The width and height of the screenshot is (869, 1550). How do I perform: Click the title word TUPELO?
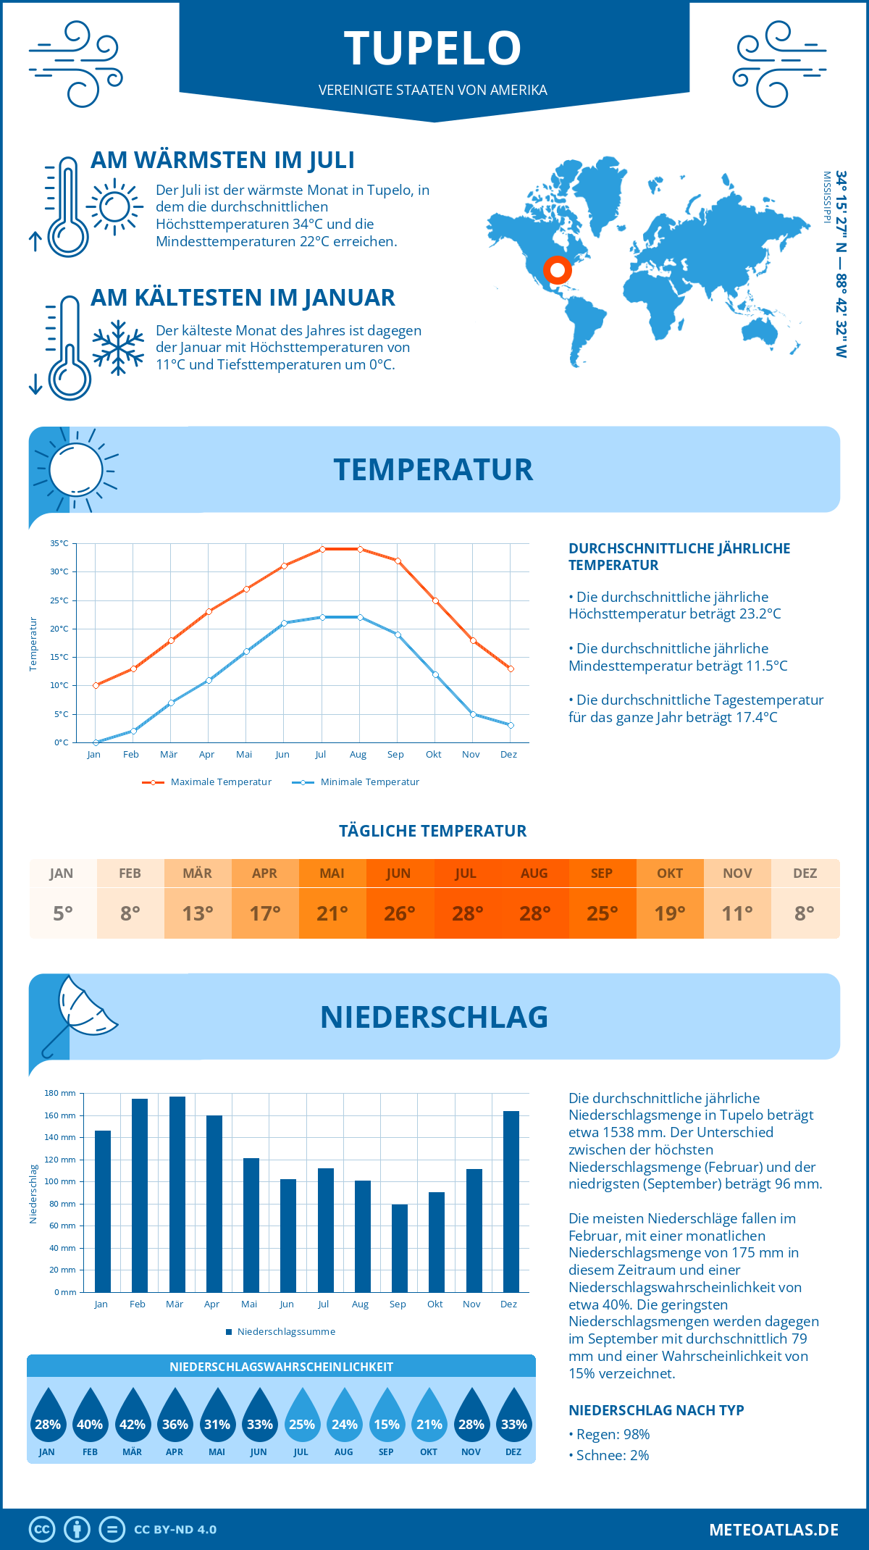click(x=433, y=49)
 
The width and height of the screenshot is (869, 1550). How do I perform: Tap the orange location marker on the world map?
click(x=557, y=270)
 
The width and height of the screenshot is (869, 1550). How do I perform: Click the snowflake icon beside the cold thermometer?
click(x=118, y=348)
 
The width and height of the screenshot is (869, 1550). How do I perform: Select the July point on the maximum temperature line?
click(x=322, y=549)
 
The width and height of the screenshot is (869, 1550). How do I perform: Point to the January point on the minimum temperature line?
click(x=96, y=742)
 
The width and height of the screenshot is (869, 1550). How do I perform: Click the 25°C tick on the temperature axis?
click(x=59, y=600)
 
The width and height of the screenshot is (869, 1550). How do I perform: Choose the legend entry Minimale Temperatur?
click(x=369, y=782)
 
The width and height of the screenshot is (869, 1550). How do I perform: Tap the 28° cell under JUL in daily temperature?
click(x=467, y=913)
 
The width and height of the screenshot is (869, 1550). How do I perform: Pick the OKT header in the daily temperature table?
click(x=669, y=874)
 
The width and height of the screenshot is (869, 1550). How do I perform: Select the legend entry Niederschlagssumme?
click(x=285, y=1332)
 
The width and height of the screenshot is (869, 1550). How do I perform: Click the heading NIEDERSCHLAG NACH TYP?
click(x=656, y=1410)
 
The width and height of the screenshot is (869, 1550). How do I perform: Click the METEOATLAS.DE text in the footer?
click(x=773, y=1530)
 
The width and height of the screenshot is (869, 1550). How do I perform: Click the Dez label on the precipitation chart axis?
click(x=508, y=1304)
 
